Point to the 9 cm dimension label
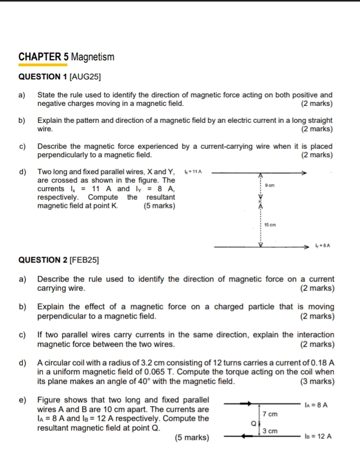point(271,186)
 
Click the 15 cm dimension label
point(269,225)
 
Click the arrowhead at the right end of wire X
point(303,173)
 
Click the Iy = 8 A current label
point(322,247)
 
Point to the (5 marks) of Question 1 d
point(159,206)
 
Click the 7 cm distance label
point(270,413)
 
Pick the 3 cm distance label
point(270,431)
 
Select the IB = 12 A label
point(318,437)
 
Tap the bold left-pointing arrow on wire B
point(244,437)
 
